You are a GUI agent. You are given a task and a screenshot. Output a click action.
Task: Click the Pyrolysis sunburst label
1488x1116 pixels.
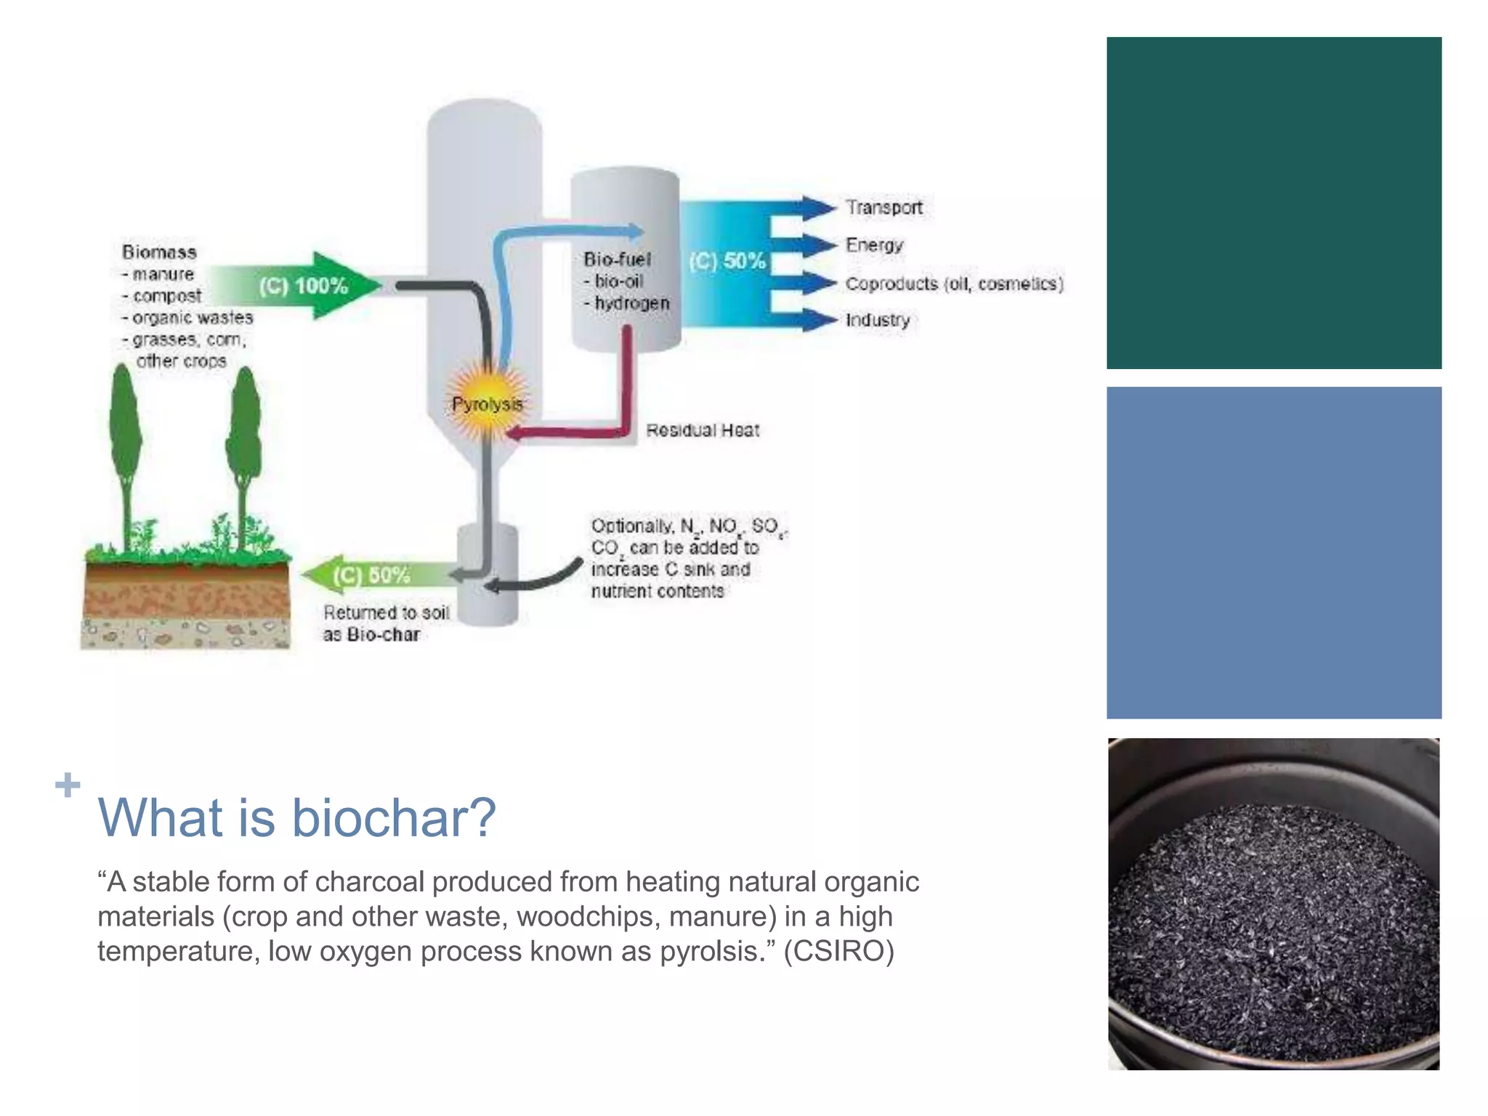[487, 404]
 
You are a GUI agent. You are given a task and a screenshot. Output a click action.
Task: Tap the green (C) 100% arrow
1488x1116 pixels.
[305, 286]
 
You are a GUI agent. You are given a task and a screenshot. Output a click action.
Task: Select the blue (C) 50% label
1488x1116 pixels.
[727, 261]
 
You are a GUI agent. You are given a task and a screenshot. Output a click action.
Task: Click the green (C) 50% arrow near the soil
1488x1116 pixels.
[371, 575]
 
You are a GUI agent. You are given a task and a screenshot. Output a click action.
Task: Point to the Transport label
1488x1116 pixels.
[883, 208]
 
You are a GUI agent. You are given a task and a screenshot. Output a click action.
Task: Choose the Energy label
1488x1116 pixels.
[874, 246]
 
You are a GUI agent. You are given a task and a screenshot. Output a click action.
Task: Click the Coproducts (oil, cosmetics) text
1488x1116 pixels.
[954, 284]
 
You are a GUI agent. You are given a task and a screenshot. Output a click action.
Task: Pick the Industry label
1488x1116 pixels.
[878, 320]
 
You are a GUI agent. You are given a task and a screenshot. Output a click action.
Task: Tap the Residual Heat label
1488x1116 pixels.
[703, 431]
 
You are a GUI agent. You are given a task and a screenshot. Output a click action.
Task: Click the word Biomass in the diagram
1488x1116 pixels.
[159, 252]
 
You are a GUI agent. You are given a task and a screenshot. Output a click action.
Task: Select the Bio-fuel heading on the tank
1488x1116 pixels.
[617, 259]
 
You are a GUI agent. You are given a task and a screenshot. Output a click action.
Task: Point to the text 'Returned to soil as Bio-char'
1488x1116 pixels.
[385, 623]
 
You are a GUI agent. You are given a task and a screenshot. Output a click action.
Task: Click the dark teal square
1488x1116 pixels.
[1274, 203]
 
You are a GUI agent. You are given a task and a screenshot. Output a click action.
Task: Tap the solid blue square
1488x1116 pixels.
[1274, 553]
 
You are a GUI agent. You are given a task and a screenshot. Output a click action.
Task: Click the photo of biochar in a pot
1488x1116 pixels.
[1274, 904]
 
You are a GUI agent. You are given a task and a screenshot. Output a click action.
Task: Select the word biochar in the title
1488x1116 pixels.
[393, 818]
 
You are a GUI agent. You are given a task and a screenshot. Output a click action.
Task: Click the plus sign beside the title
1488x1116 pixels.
[68, 785]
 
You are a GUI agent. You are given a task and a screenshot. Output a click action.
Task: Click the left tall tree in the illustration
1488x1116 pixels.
[125, 450]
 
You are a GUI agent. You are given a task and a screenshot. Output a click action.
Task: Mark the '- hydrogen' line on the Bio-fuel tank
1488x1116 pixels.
[627, 303]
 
